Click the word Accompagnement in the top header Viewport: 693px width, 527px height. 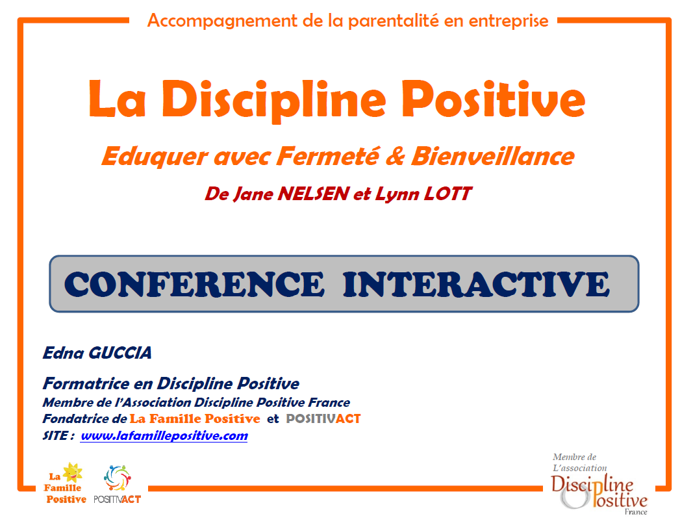(x=222, y=21)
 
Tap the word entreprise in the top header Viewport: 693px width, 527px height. (x=509, y=21)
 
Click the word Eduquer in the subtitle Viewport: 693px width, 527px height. (x=154, y=157)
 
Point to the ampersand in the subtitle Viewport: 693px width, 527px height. (x=395, y=156)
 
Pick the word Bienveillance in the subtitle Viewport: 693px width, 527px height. (x=493, y=156)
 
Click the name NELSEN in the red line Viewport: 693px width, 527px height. (x=314, y=194)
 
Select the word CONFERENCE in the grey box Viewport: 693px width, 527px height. (x=194, y=284)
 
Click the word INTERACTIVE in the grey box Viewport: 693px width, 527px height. (x=477, y=284)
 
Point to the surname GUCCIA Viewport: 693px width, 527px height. (x=120, y=353)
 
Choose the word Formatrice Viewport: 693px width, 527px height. (x=86, y=383)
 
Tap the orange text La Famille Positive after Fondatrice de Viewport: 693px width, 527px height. (x=194, y=418)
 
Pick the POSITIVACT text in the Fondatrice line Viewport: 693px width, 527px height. (x=323, y=418)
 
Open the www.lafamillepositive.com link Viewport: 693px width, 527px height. (x=164, y=436)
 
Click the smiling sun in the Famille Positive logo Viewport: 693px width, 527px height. (x=73, y=472)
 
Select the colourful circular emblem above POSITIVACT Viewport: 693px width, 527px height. (x=117, y=478)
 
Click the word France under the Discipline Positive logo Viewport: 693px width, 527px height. (x=636, y=512)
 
